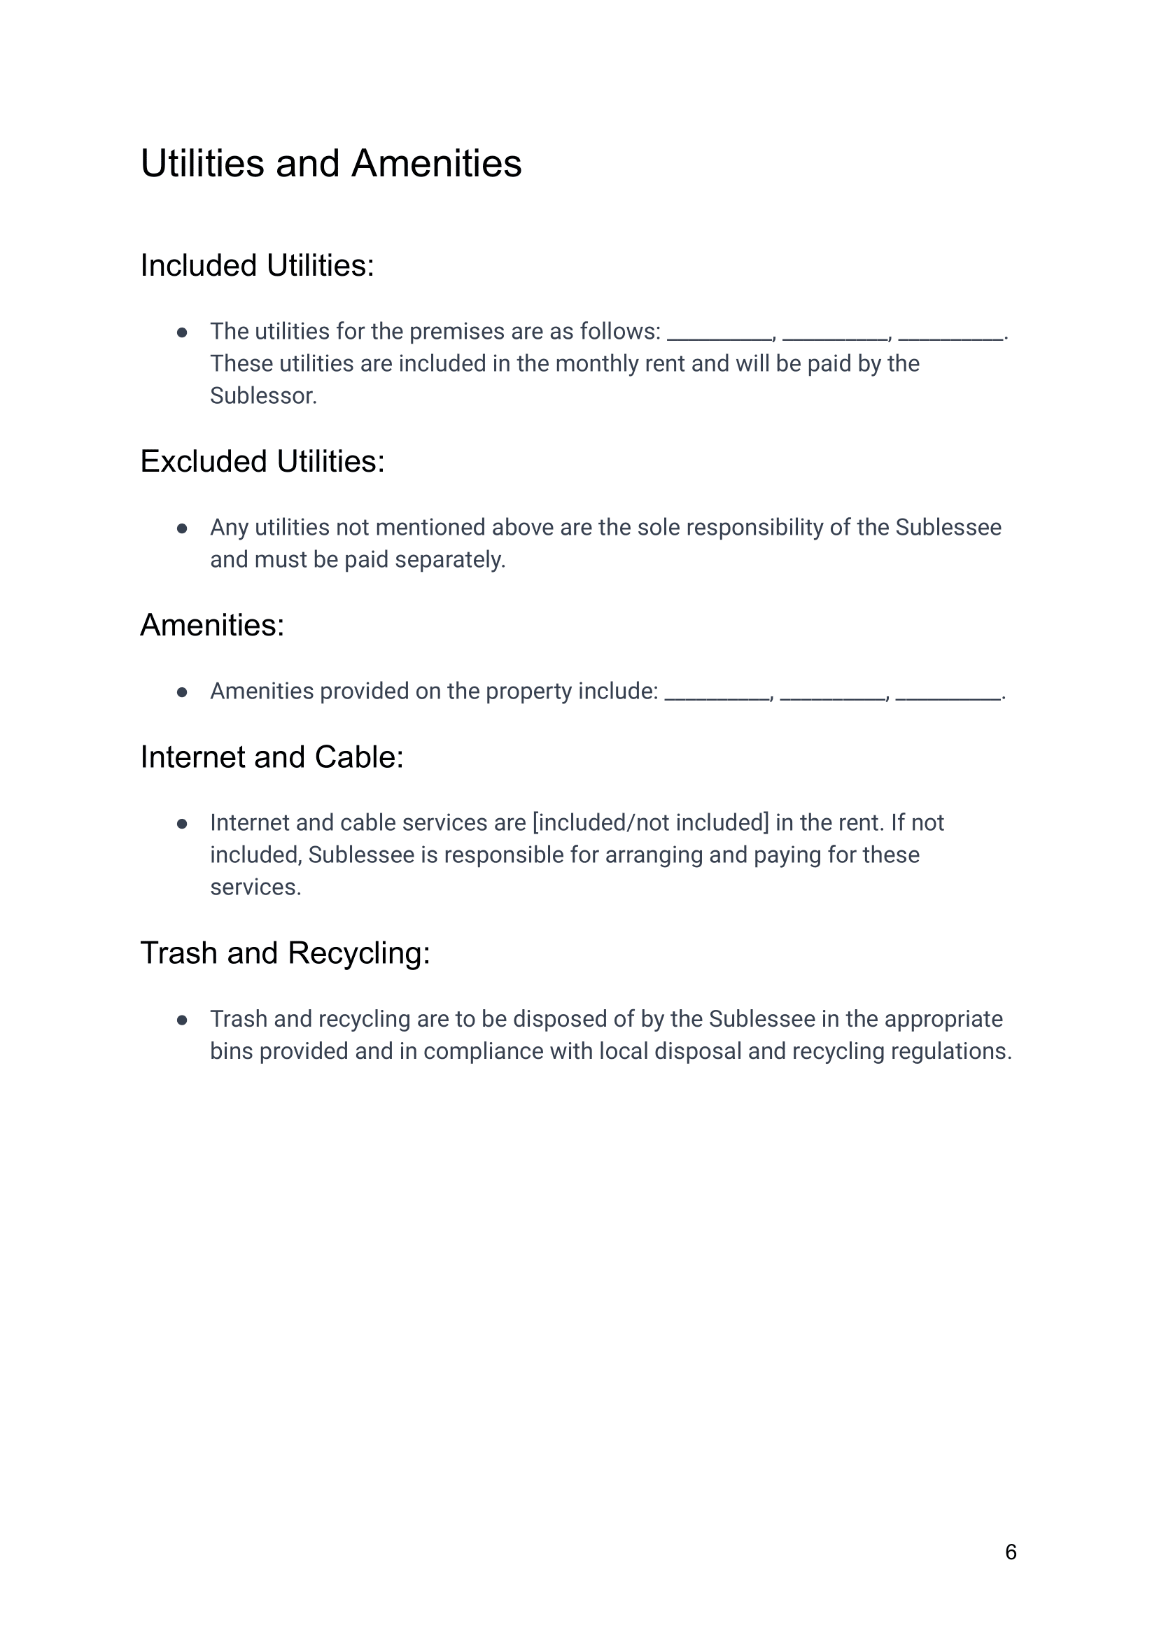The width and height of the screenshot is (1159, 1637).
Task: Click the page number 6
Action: [1010, 1552]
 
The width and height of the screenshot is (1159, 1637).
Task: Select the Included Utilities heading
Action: [257, 265]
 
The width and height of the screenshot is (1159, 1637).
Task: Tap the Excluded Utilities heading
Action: [262, 461]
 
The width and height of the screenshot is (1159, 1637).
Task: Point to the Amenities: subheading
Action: [212, 625]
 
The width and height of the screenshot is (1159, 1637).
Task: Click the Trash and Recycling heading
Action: [285, 953]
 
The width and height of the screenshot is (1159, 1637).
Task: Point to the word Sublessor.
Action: [262, 396]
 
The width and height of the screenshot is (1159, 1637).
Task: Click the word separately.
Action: [449, 560]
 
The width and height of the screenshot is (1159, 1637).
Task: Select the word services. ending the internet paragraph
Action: [255, 887]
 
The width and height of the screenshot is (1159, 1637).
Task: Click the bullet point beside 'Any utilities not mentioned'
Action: [182, 529]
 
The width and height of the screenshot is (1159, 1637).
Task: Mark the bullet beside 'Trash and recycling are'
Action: [182, 1020]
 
